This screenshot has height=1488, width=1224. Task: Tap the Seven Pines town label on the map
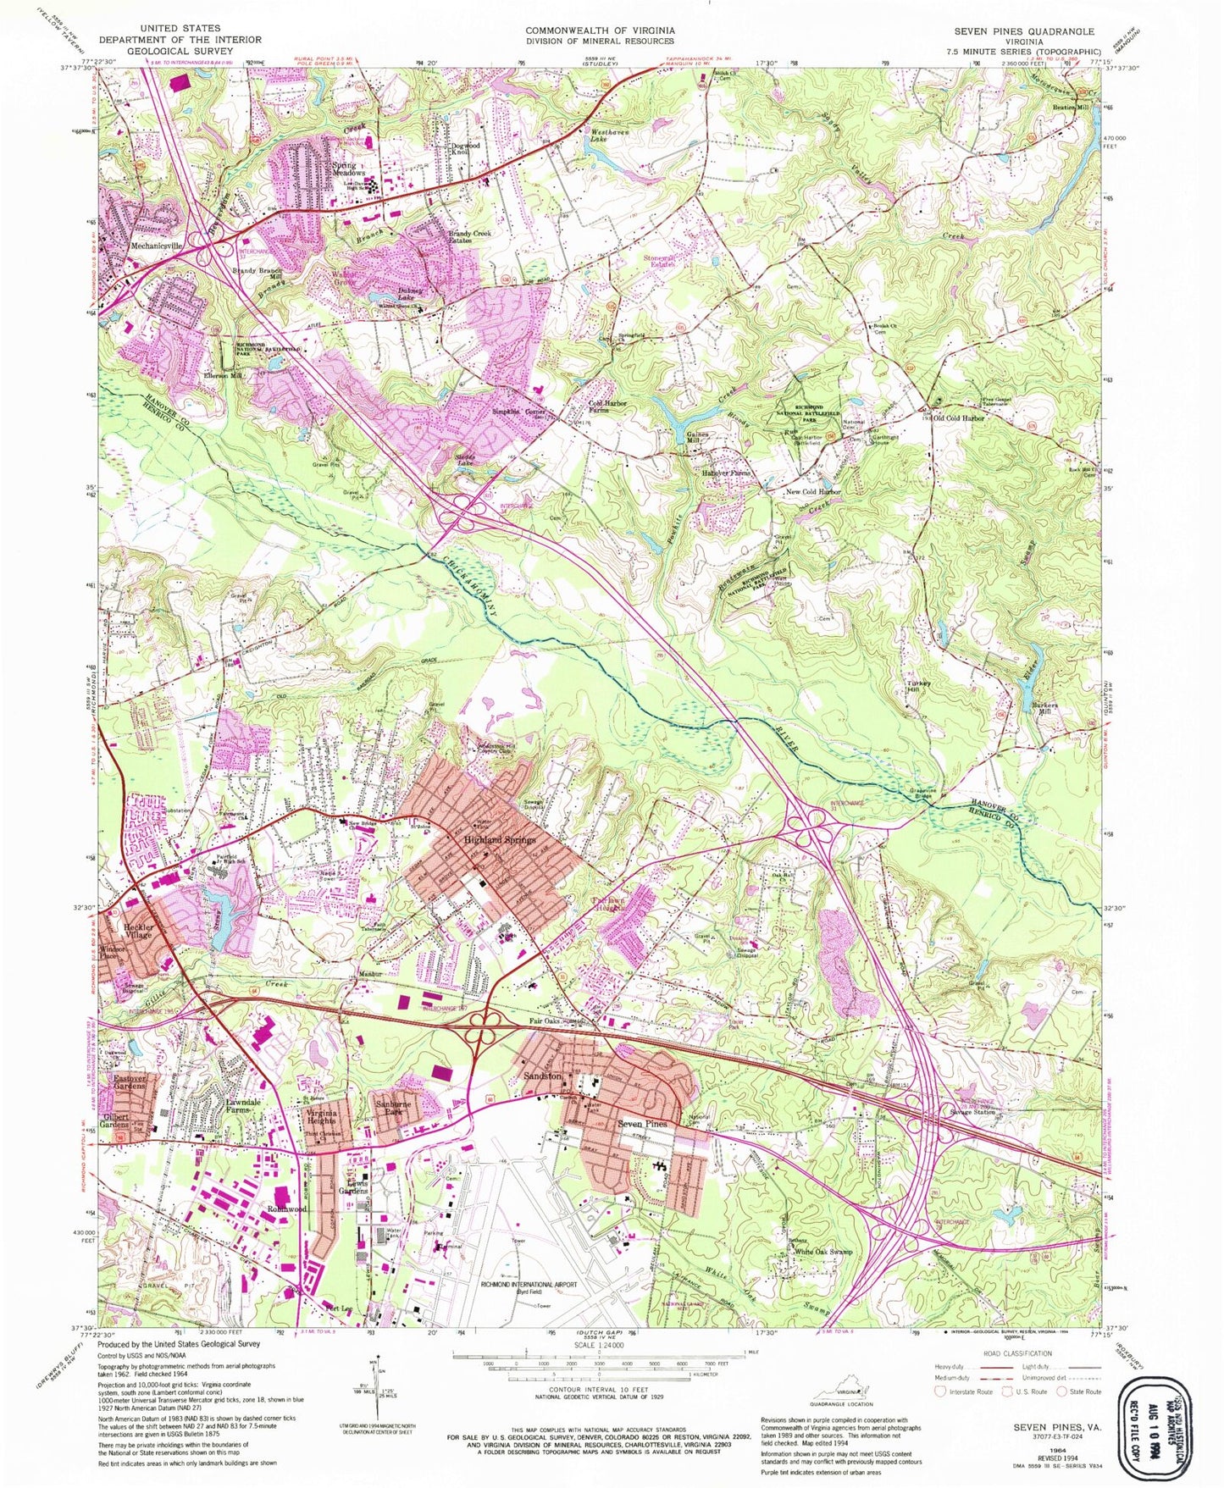click(643, 1124)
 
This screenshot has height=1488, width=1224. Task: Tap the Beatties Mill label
click(1070, 108)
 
